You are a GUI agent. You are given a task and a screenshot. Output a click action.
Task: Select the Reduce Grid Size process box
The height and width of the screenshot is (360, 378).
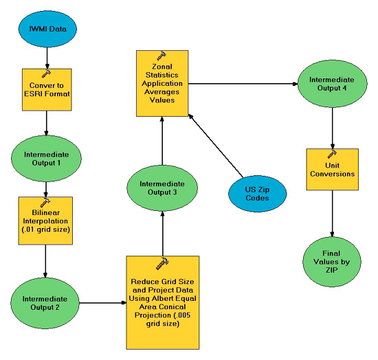pos(162,302)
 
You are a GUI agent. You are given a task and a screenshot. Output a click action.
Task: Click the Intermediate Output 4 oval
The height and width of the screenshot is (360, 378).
pos(332,84)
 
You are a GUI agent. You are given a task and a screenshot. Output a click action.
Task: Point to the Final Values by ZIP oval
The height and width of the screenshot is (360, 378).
pos(333,262)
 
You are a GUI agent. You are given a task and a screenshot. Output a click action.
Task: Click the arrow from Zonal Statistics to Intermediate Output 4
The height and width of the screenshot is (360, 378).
pos(241,84)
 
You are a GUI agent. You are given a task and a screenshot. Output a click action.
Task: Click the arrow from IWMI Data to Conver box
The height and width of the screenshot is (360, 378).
pos(45,58)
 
